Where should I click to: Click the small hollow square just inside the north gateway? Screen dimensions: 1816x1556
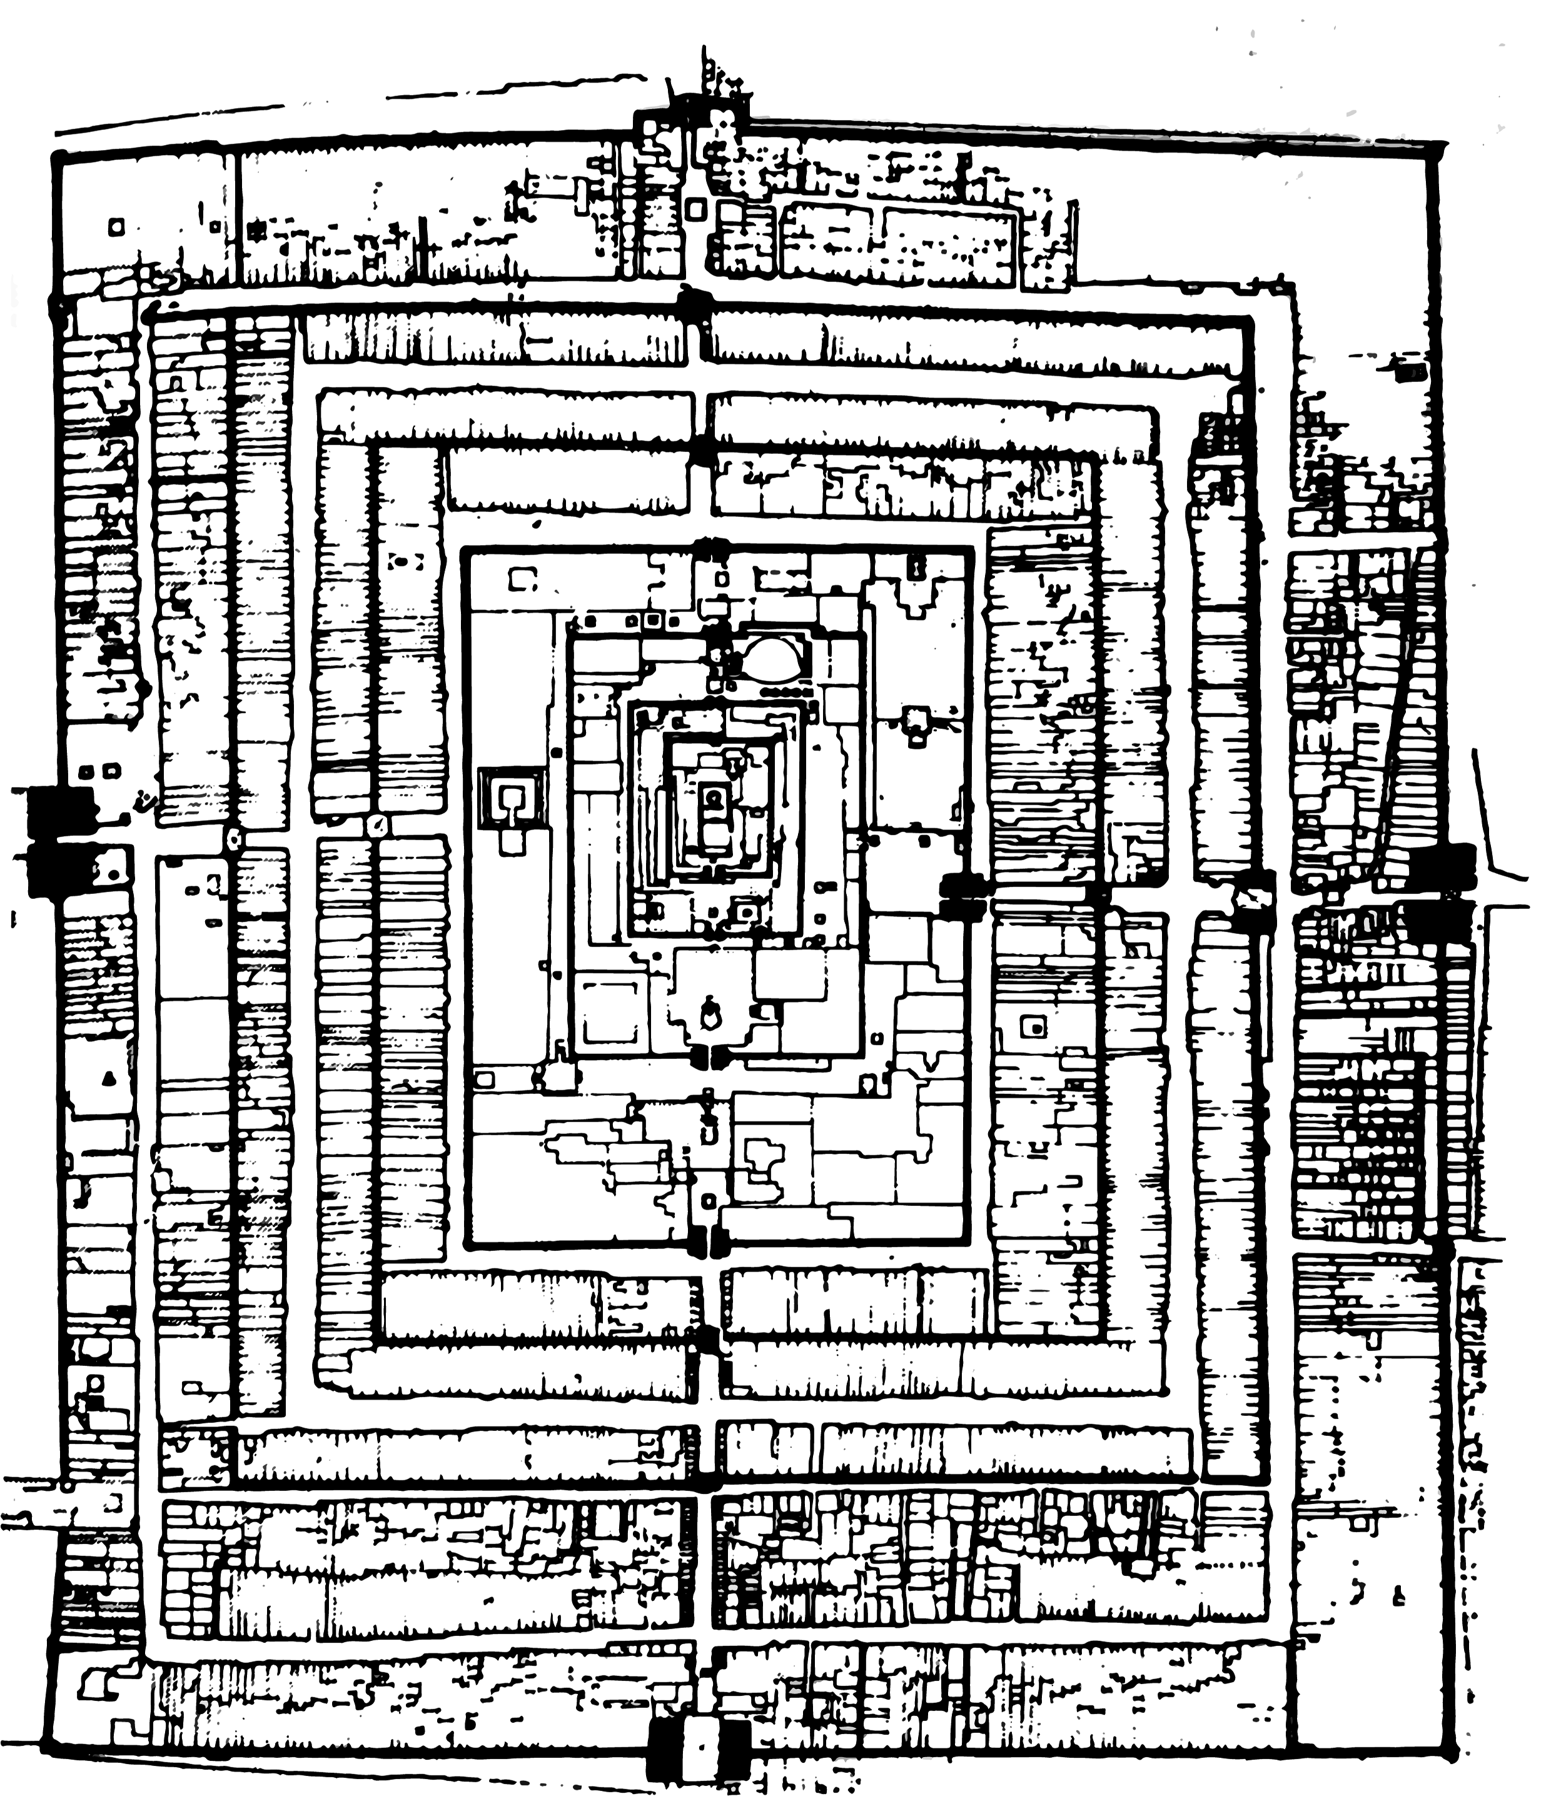pos(696,209)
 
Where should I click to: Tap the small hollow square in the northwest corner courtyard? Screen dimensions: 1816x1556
pos(116,227)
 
